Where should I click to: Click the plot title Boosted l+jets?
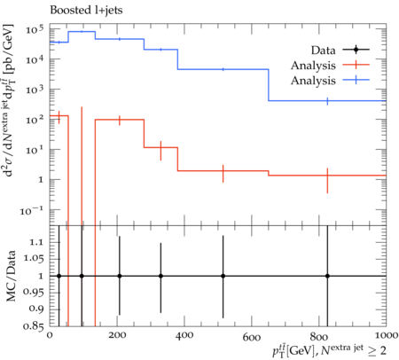click(x=86, y=11)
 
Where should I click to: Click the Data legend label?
click(x=323, y=51)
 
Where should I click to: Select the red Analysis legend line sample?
click(x=356, y=65)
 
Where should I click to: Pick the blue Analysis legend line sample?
click(x=356, y=80)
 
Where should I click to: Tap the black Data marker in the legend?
click(x=356, y=50)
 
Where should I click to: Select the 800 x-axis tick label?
click(x=319, y=336)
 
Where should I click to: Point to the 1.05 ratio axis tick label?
click(x=32, y=259)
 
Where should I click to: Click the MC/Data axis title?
click(x=11, y=276)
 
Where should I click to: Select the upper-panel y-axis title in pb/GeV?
click(x=9, y=100)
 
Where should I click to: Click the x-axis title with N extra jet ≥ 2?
click(x=329, y=350)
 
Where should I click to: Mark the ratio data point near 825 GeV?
click(x=327, y=276)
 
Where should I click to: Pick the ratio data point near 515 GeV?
click(x=223, y=276)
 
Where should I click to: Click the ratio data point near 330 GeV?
click(x=160, y=276)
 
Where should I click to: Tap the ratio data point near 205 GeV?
click(x=120, y=276)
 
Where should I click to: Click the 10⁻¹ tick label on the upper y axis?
click(x=32, y=211)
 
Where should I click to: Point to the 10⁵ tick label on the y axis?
click(x=35, y=29)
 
